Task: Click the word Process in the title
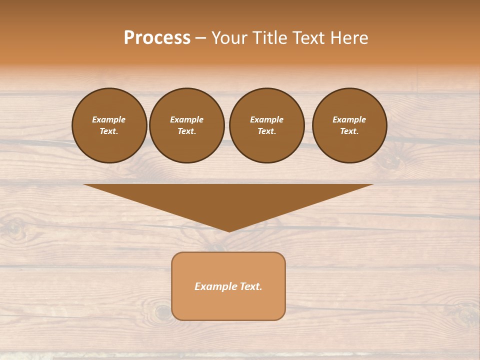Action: [157, 37]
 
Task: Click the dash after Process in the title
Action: [200, 38]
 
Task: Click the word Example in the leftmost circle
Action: [109, 119]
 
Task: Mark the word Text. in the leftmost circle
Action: [109, 131]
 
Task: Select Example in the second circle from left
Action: [186, 119]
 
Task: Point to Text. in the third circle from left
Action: [266, 131]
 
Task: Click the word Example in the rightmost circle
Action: [349, 119]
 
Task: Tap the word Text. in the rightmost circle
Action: [349, 131]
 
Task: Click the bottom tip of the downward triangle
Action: [229, 230]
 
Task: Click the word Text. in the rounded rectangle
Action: [251, 286]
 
